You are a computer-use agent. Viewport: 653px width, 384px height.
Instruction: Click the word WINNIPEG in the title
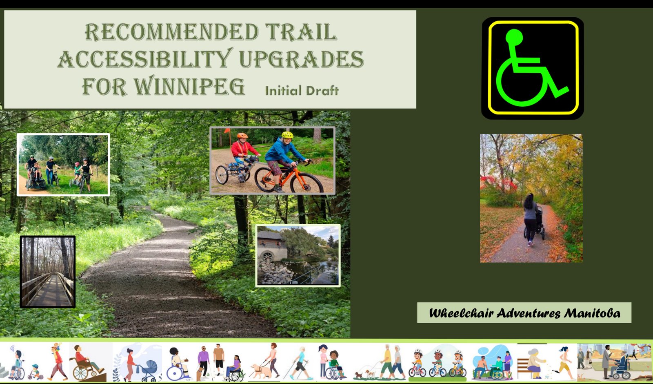tap(189, 86)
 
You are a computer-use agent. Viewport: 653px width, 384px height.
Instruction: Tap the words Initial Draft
tap(302, 90)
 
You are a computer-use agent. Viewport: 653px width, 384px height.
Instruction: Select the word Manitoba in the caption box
tap(592, 313)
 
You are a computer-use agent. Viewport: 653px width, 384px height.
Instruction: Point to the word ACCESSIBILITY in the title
tap(145, 59)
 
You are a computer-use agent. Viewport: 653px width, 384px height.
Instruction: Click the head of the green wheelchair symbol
tap(514, 37)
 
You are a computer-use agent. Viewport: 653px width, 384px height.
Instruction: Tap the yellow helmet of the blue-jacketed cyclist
tap(287, 135)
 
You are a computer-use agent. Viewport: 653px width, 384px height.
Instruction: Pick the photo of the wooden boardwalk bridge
tap(48, 272)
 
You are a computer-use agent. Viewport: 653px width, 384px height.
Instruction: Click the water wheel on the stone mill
tap(267, 257)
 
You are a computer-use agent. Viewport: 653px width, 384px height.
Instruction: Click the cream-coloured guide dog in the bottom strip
tap(261, 372)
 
